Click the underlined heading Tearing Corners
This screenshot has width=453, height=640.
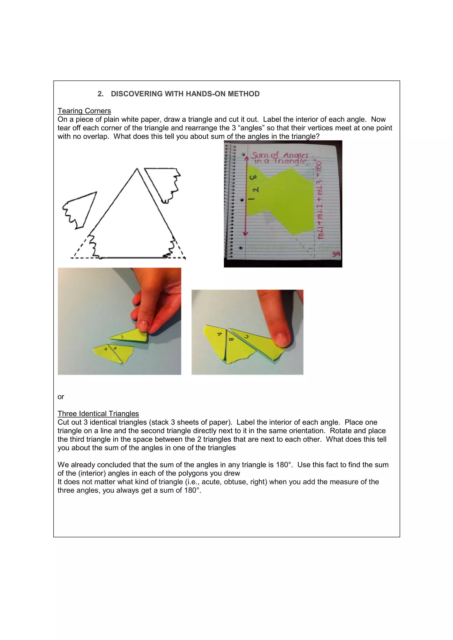tap(84, 111)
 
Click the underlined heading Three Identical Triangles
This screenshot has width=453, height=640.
tap(98, 414)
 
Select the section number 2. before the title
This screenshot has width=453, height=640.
tap(100, 94)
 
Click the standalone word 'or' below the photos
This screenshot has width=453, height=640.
tap(61, 397)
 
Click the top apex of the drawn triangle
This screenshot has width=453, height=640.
tap(137, 169)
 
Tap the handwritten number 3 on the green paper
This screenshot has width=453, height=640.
tap(253, 177)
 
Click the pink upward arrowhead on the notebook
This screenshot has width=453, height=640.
tap(246, 158)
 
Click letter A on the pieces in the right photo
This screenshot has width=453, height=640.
tap(219, 334)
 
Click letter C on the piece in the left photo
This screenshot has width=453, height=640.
tap(122, 337)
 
